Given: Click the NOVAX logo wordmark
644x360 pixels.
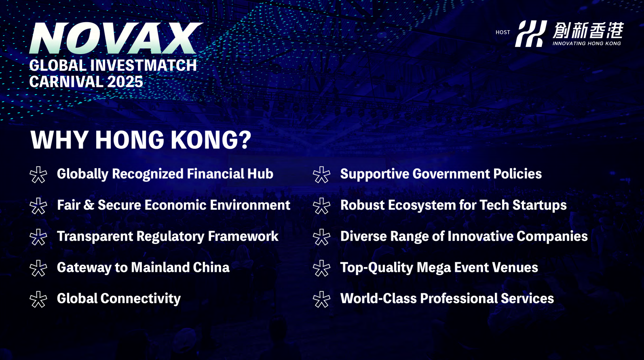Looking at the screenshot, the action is coord(116,38).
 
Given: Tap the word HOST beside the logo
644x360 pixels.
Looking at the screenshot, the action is coord(503,32).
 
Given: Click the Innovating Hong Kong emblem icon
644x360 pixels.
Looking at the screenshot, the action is coord(531,34).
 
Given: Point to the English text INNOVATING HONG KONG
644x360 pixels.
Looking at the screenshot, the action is coord(587,43).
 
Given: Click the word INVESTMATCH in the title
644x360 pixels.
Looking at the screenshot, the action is coord(144,65).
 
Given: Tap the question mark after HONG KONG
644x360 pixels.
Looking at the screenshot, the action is coord(245,140).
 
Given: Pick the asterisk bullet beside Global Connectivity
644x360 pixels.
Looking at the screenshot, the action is coord(38,299).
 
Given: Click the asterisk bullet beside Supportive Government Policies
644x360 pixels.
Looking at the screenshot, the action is coord(321,175).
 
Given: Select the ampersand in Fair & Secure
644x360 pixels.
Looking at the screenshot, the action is coord(89,205).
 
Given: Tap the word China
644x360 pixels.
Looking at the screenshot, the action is coord(211,267).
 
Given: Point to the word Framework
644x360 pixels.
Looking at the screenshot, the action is coord(243,236).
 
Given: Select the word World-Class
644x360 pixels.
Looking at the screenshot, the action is coord(378,299).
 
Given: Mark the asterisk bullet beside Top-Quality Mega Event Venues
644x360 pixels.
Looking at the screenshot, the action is coord(321,268).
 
